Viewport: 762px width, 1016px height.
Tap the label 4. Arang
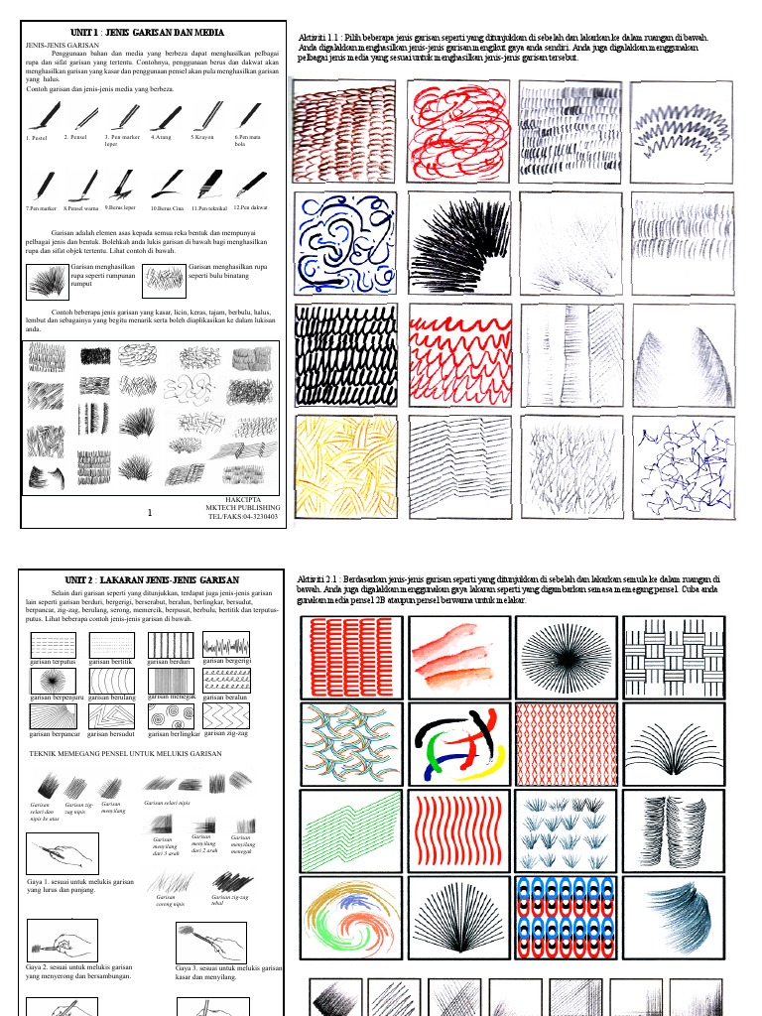pyautogui.click(x=160, y=137)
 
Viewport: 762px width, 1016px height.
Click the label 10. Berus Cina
pyautogui.click(x=167, y=208)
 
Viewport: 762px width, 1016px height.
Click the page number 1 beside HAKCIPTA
pyautogui.click(x=149, y=512)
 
